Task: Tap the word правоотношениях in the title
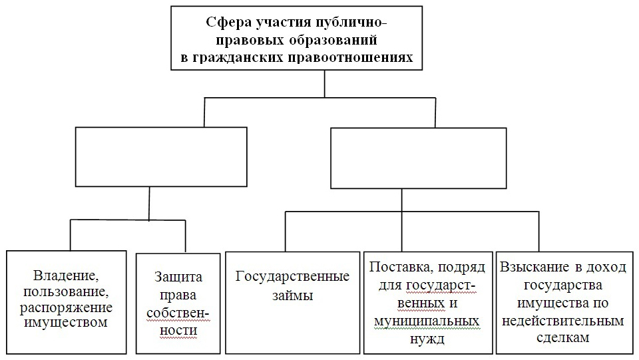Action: tap(351, 57)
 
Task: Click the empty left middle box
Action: tap(161, 157)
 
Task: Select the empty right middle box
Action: tap(419, 158)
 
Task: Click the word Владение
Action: tap(66, 275)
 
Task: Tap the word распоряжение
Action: tap(66, 308)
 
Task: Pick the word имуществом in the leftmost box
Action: tap(66, 323)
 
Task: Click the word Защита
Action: tap(178, 277)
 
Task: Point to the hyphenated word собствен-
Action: tap(178, 313)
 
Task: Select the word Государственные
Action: tap(293, 276)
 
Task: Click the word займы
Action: tap(293, 295)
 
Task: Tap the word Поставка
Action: tap(399, 267)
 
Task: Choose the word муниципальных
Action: tap(427, 321)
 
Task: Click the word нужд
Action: tap(427, 339)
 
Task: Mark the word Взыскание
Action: tap(529, 267)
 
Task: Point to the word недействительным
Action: tap(563, 321)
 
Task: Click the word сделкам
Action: tap(563, 337)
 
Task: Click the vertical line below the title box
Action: tap(324, 84)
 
